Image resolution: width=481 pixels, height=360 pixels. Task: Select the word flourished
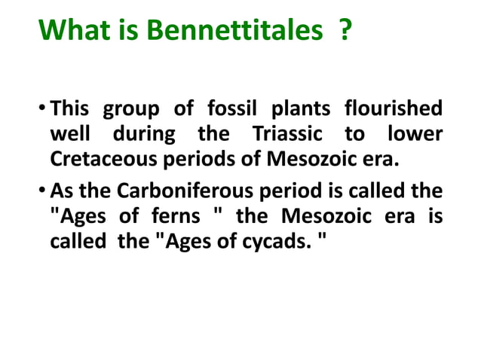394,109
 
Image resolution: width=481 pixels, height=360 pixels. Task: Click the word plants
302,109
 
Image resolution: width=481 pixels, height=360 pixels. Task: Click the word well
69,135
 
